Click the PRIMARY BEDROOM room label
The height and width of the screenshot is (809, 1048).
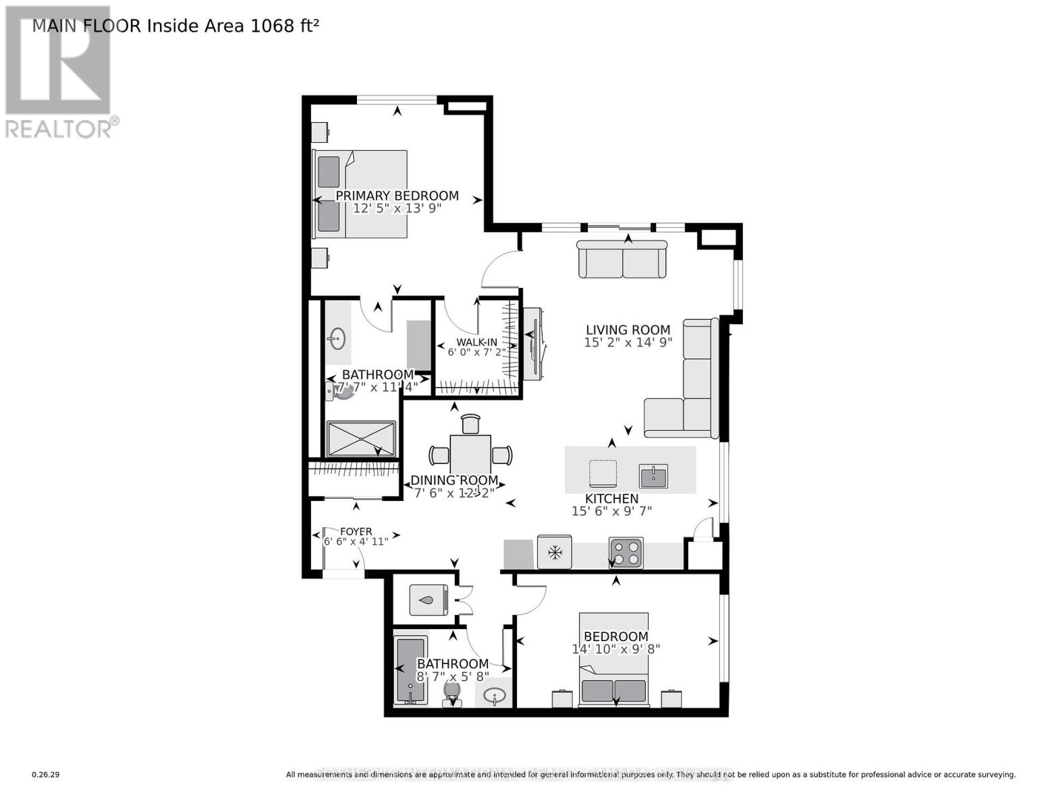coord(397,196)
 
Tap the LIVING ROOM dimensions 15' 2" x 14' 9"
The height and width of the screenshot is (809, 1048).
coord(628,342)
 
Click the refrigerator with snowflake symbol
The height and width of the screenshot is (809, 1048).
coord(555,553)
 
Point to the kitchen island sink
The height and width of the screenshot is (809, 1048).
coord(653,476)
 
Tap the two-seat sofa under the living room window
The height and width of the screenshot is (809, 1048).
coord(622,259)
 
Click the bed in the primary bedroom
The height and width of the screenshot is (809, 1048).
coord(360,194)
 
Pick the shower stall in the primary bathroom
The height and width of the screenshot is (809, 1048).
coord(361,439)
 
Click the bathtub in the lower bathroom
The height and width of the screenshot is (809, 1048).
coord(411,670)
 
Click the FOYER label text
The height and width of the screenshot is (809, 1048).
coord(356,531)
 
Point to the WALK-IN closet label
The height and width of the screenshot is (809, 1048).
coord(476,342)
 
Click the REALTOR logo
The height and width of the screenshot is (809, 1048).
coord(59,71)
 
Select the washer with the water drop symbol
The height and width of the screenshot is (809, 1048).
coord(428,599)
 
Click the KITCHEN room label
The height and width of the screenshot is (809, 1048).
coord(611,498)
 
